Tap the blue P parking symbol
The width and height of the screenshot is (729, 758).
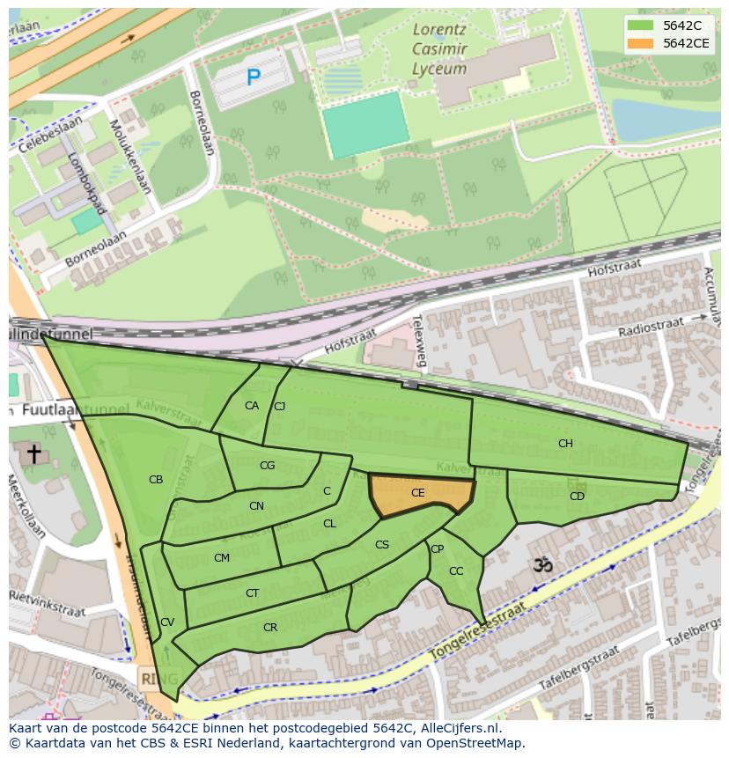click(254, 78)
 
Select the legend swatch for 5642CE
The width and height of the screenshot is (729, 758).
click(640, 43)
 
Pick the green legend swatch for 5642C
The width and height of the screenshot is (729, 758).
click(640, 26)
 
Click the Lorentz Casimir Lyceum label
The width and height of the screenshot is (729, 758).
click(439, 49)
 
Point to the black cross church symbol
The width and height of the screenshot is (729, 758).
click(33, 454)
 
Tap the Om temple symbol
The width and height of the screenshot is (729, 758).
click(542, 565)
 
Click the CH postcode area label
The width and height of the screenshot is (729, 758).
click(565, 444)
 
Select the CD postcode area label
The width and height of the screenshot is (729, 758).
click(577, 497)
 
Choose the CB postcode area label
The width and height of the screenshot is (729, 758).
click(156, 480)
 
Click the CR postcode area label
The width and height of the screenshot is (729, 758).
click(270, 628)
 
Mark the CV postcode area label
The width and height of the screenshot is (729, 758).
click(167, 622)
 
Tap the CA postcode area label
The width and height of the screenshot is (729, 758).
click(252, 406)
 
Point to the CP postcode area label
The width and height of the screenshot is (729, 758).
click(437, 549)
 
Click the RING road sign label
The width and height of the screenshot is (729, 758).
click(158, 679)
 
